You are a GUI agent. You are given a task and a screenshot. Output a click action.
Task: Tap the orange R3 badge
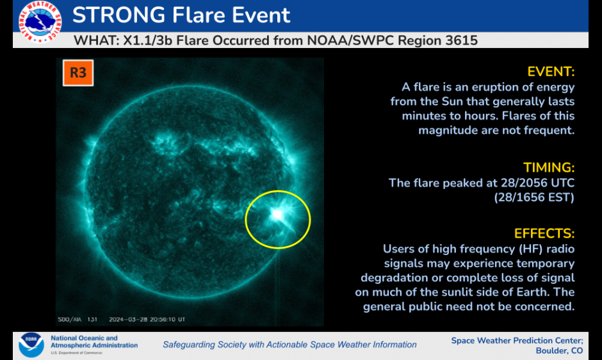(x=77, y=73)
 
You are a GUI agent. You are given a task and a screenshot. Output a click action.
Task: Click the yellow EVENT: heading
(x=551, y=71)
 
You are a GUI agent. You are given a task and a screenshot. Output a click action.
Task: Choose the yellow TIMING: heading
(x=549, y=167)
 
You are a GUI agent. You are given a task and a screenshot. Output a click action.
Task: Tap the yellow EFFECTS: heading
(x=544, y=233)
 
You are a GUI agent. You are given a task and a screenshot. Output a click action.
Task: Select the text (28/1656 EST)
(x=534, y=197)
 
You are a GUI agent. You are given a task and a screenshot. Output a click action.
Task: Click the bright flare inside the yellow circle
(x=277, y=215)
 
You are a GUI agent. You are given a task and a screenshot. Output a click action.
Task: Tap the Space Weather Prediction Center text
(x=516, y=340)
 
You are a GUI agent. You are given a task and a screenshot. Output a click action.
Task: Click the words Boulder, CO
(x=558, y=350)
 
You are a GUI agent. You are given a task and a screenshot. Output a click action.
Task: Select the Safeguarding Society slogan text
(x=289, y=345)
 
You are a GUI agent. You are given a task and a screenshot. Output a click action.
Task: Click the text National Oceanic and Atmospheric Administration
(x=94, y=341)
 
